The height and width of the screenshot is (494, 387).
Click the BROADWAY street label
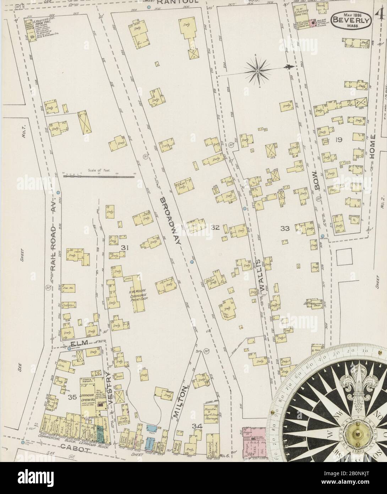pos(171,220)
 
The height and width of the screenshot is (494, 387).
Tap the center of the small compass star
pos(257,71)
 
